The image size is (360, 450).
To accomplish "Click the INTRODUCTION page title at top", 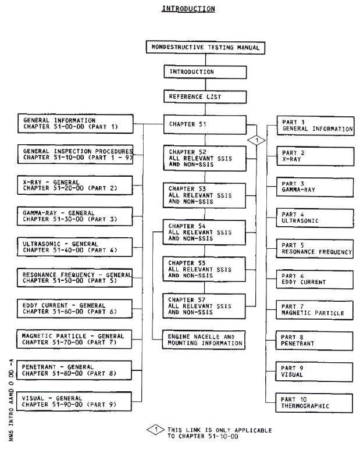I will point(180,9).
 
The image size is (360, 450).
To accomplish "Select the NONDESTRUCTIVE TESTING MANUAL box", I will point(205,48).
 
